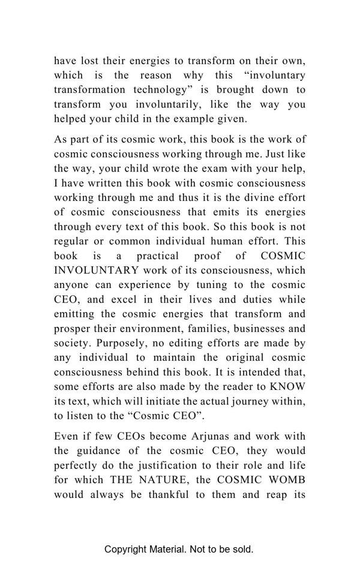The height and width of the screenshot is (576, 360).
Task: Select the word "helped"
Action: (x=70, y=119)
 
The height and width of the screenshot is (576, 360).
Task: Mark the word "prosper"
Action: (x=71, y=328)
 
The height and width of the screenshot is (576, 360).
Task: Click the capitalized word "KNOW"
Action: (x=289, y=386)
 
